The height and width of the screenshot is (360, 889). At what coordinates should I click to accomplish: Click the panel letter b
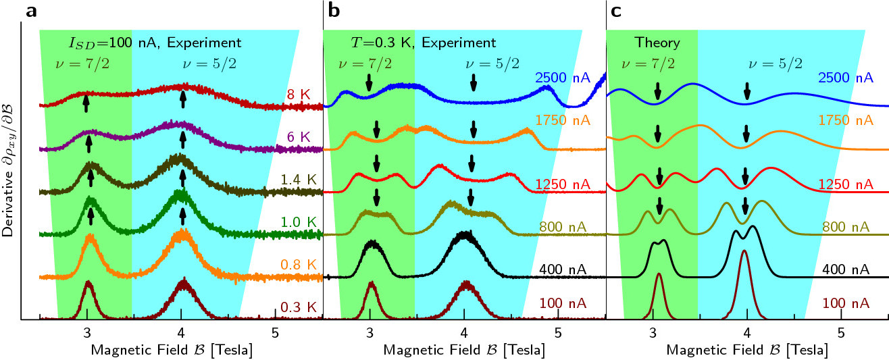click(x=334, y=11)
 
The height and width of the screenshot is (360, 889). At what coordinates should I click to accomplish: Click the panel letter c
click(x=616, y=11)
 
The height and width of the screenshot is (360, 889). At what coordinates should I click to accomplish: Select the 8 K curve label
click(x=297, y=94)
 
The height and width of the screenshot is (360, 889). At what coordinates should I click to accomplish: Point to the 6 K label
click(x=297, y=137)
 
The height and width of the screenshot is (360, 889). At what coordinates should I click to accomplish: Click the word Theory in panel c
click(x=657, y=43)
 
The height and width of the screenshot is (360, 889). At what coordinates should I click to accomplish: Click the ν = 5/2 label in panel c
click(x=776, y=63)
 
